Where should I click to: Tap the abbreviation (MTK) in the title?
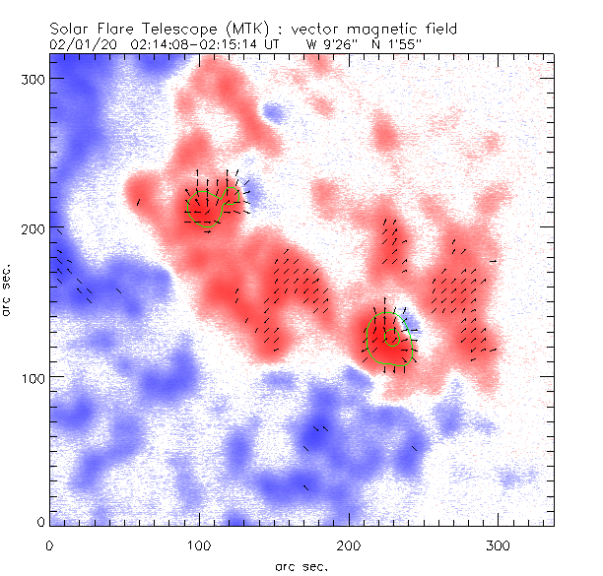[236, 30]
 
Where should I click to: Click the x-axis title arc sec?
[302, 564]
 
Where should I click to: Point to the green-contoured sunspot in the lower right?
[386, 340]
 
